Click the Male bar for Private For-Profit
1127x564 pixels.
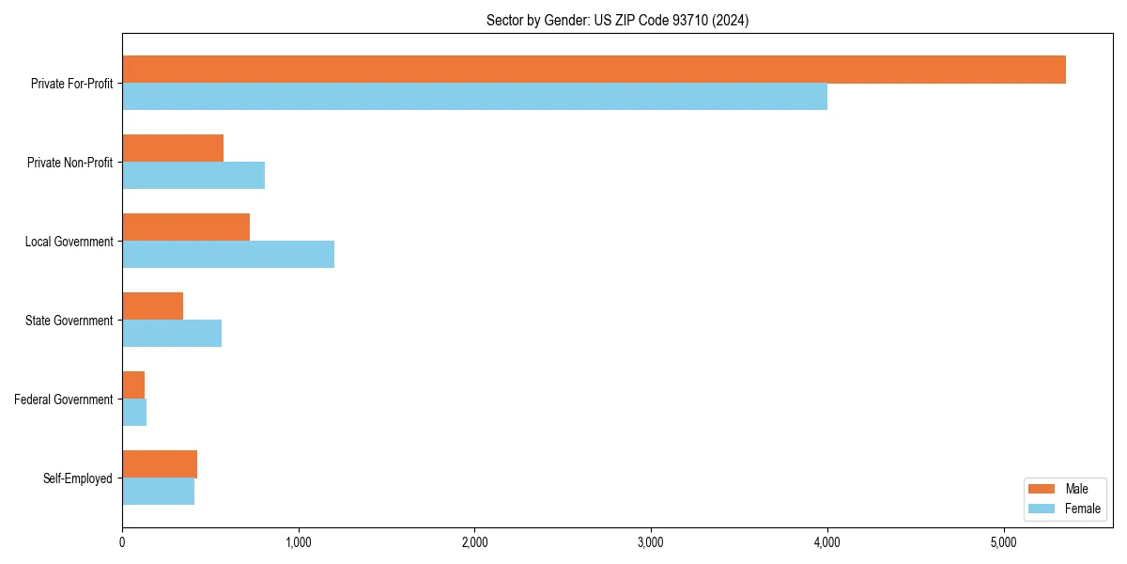(x=594, y=70)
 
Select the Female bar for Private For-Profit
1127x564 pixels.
(x=474, y=97)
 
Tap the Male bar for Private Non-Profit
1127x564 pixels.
(x=173, y=149)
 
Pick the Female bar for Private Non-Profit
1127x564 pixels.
(x=193, y=176)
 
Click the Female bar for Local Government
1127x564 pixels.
(x=228, y=255)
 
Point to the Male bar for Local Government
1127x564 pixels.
(x=186, y=227)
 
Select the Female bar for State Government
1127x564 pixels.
(x=172, y=334)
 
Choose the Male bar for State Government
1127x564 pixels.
(x=152, y=306)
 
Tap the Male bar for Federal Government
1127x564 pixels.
(x=133, y=385)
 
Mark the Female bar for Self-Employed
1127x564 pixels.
(x=158, y=492)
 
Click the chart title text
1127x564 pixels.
(x=617, y=20)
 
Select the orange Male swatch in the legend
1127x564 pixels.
(x=1042, y=489)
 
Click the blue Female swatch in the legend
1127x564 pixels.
(x=1042, y=509)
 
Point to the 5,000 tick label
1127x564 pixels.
(x=1003, y=542)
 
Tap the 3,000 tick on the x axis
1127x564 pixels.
(x=651, y=542)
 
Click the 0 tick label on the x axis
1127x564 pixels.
(x=122, y=542)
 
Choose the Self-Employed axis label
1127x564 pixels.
(x=77, y=478)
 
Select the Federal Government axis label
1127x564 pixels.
(x=64, y=399)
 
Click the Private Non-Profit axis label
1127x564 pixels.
(x=69, y=163)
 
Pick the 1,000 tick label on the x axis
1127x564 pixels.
(x=299, y=542)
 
